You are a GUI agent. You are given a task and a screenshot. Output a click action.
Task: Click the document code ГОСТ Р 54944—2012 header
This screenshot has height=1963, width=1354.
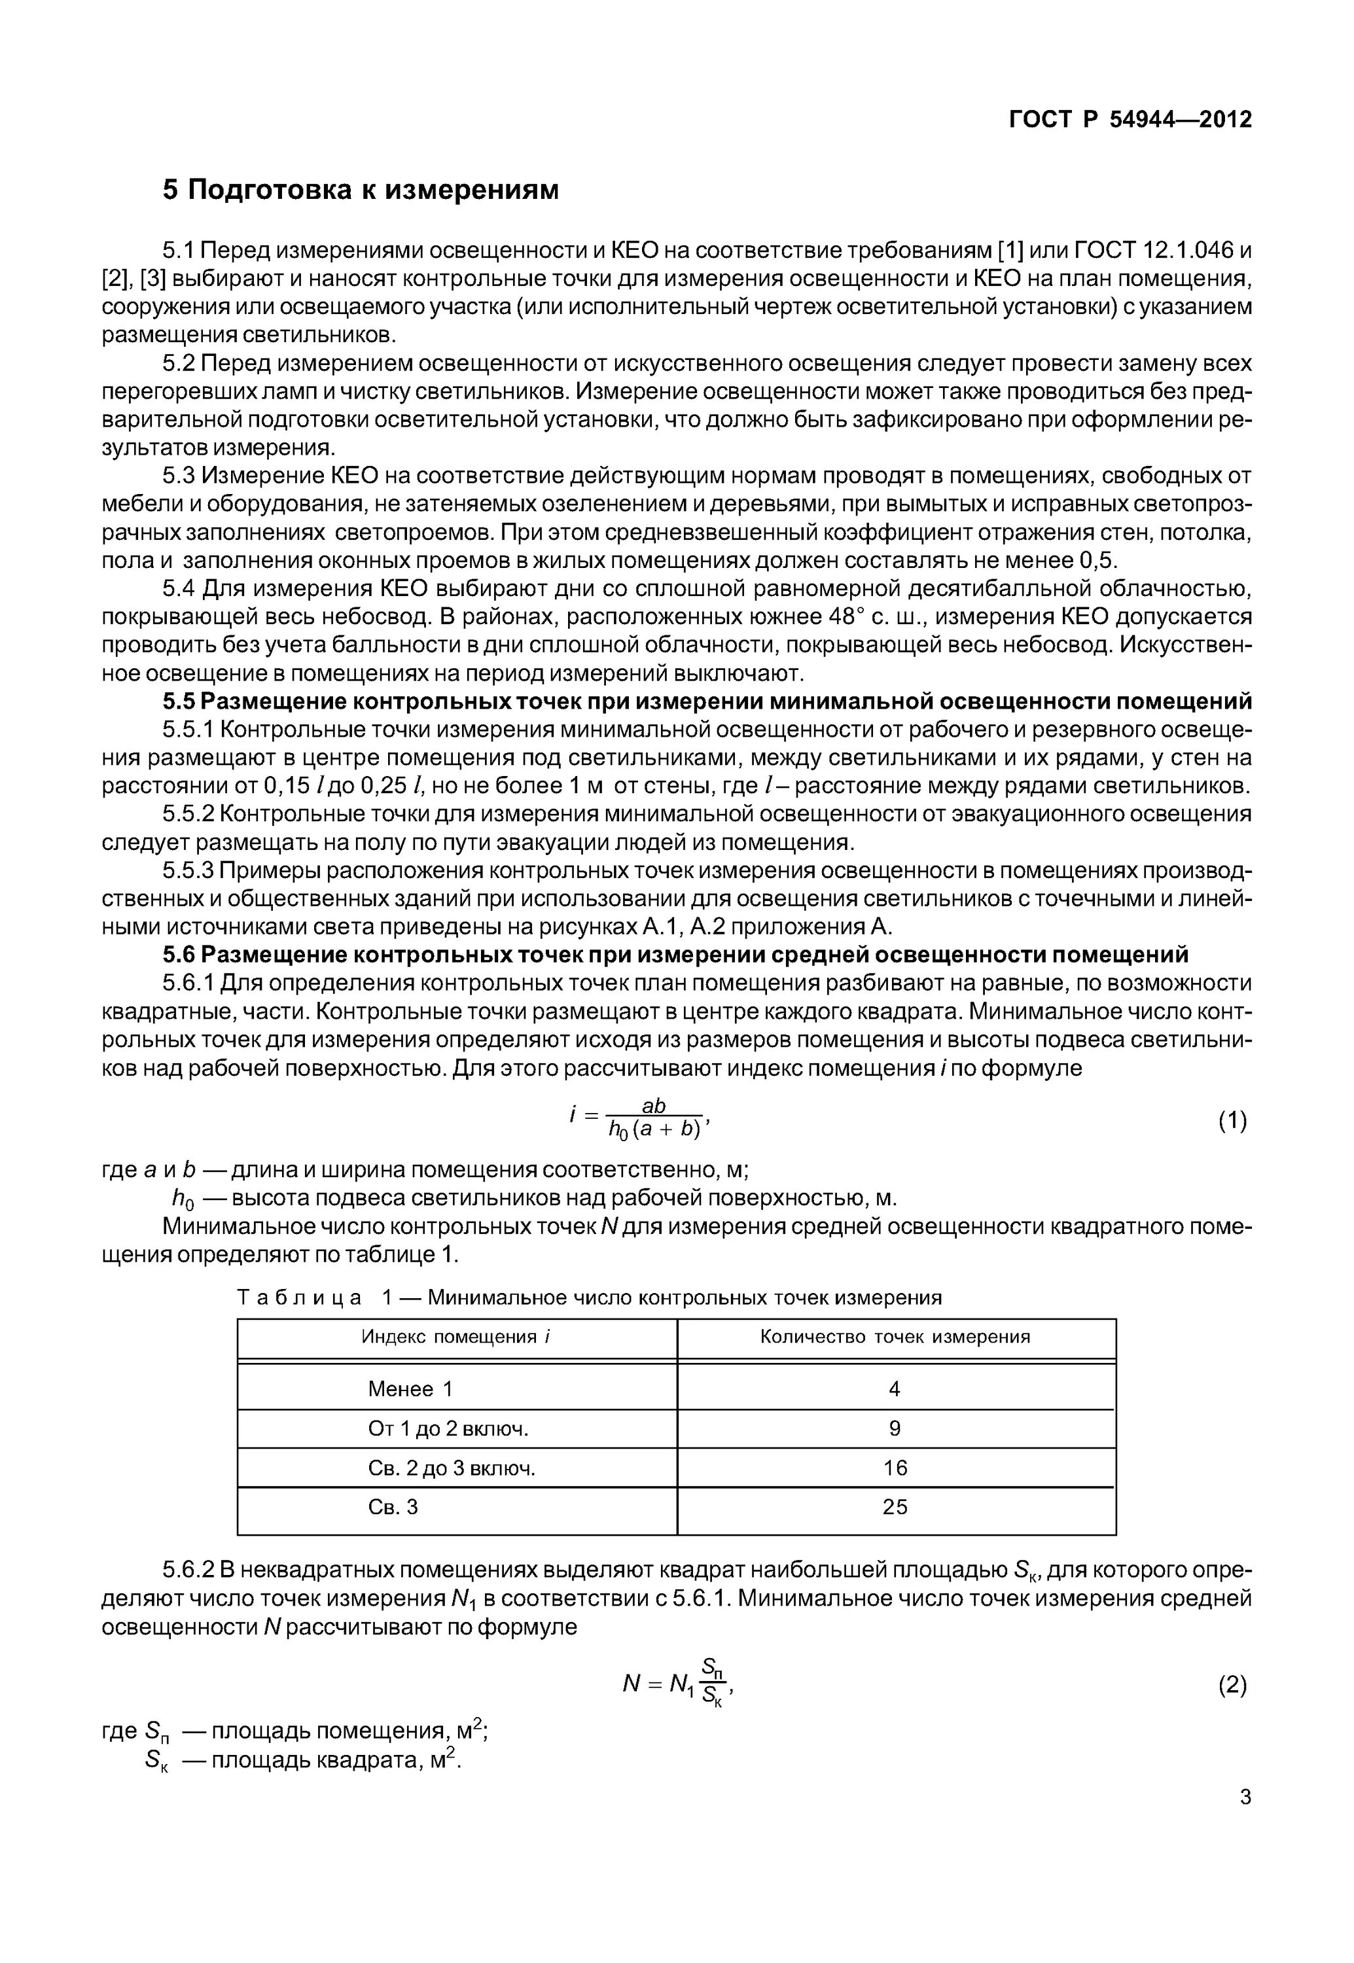[x=1130, y=120]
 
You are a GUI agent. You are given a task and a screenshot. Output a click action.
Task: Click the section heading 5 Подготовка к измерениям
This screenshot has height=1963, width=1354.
[x=361, y=190]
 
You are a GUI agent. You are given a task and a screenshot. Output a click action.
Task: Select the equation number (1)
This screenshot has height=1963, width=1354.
[x=1232, y=1121]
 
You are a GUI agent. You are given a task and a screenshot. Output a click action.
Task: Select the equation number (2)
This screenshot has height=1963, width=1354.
[x=1232, y=1685]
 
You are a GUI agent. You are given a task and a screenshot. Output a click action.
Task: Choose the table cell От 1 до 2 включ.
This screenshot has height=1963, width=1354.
[x=448, y=1428]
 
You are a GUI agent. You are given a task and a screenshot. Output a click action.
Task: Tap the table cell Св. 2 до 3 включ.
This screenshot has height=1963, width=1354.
[x=452, y=1468]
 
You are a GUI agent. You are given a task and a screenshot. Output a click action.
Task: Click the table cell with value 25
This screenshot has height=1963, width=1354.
[x=895, y=1507]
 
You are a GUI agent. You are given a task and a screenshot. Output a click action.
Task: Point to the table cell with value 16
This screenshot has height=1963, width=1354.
[x=895, y=1468]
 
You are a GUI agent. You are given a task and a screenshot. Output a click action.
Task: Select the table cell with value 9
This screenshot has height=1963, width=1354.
[x=895, y=1428]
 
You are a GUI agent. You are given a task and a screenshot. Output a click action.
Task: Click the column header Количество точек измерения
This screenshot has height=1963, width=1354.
[x=895, y=1337]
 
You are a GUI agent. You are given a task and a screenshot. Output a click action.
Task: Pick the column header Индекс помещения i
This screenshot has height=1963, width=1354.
[x=456, y=1337]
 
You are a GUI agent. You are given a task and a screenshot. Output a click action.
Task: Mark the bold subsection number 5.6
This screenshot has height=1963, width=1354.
[x=179, y=955]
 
